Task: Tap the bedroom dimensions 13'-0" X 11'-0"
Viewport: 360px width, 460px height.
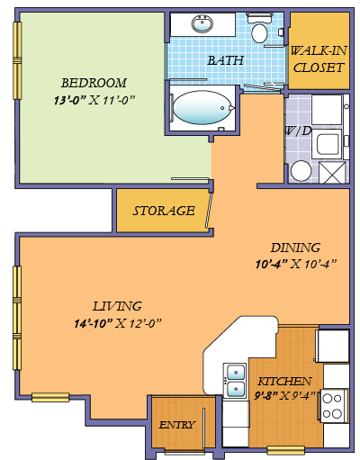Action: click(x=94, y=100)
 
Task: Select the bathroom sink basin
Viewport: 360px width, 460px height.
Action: click(x=201, y=23)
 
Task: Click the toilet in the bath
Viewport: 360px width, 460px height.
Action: click(x=260, y=33)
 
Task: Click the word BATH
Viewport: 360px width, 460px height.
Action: click(x=225, y=60)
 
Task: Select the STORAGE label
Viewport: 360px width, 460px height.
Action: click(x=163, y=211)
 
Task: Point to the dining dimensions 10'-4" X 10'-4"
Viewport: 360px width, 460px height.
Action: click(x=294, y=264)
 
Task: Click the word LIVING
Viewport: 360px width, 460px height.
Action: click(x=117, y=305)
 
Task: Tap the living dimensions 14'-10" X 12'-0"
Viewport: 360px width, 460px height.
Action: click(x=119, y=322)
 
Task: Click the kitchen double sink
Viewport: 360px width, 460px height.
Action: click(x=235, y=379)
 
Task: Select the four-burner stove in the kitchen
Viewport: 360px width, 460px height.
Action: click(x=334, y=406)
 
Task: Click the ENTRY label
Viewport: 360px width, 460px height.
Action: click(x=176, y=425)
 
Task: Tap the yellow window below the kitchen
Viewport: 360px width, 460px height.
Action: click(x=285, y=450)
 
